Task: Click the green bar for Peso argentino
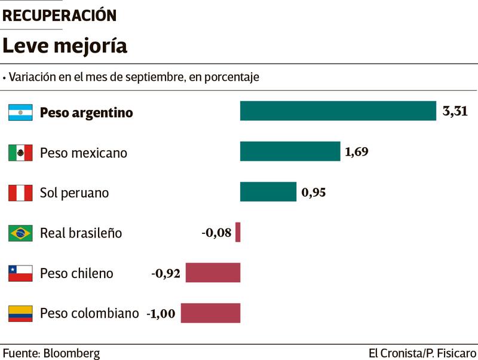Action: (338, 111)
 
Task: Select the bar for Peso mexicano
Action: (290, 151)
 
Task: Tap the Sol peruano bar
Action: (268, 192)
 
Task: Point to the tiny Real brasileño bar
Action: (238, 232)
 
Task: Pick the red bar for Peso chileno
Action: (213, 273)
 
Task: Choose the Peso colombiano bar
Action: (210, 313)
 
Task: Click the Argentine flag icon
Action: (20, 112)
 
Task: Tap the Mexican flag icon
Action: (20, 152)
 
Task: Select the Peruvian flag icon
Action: (20, 193)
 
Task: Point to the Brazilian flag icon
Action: (20, 233)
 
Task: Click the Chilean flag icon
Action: (20, 273)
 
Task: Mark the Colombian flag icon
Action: (20, 313)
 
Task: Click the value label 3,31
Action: (455, 111)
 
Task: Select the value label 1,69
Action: (357, 151)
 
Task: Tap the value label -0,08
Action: (216, 232)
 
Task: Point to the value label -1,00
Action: (161, 313)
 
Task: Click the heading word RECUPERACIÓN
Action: (60, 16)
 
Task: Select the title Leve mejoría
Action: (65, 46)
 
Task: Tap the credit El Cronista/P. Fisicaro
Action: (422, 353)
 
